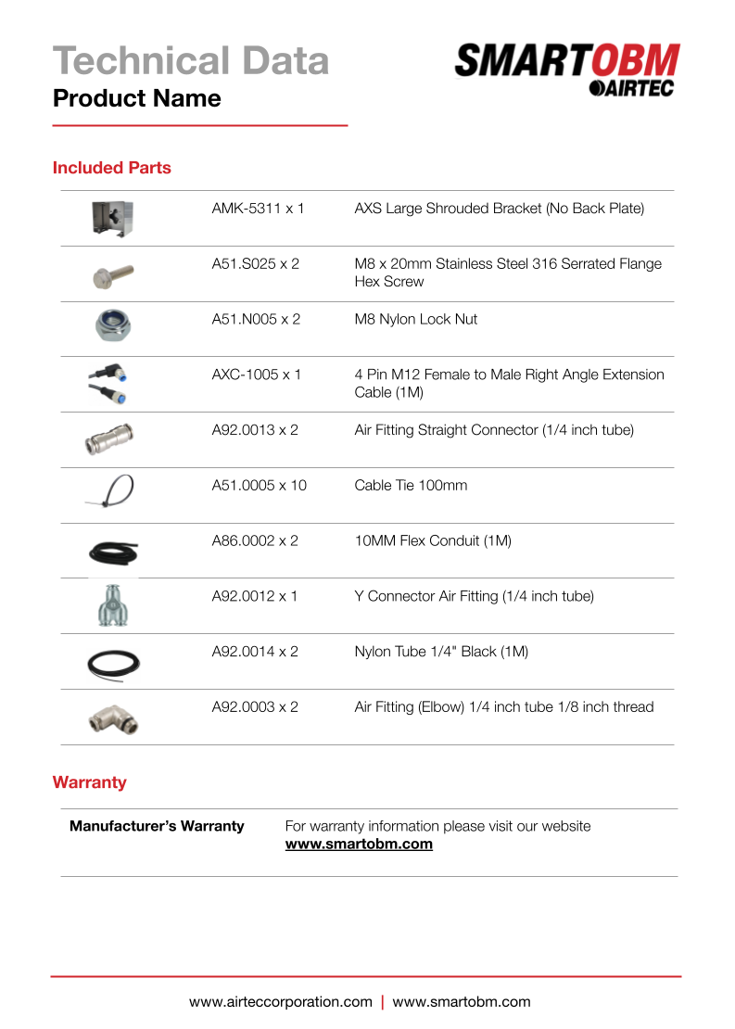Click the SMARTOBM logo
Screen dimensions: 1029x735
567,69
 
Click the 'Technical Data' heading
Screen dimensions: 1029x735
191,60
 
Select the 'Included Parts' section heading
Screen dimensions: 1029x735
112,168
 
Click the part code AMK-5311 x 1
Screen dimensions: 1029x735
258,209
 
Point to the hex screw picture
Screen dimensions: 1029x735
113,273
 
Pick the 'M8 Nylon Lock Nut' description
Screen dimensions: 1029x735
416,319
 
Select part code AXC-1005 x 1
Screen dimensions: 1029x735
257,375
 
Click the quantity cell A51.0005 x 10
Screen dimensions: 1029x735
259,485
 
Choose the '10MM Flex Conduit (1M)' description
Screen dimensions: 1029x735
433,540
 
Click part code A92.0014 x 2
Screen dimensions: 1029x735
255,652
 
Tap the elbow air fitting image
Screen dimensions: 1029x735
112,717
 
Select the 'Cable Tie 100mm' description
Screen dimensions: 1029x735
411,485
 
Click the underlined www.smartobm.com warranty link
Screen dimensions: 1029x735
359,845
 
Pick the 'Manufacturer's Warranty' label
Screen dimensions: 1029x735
157,826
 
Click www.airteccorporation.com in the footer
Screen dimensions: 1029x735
281,1002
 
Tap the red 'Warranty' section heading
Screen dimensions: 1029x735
90,782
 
